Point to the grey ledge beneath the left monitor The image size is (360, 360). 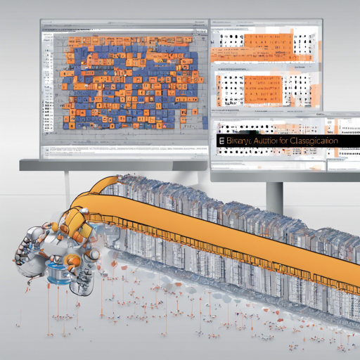click(x=112, y=166)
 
